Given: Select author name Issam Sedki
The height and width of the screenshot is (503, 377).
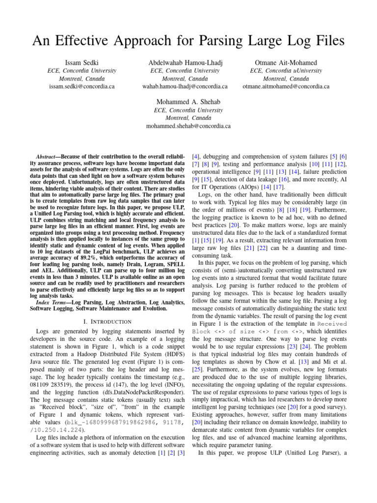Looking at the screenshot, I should click(x=81, y=63).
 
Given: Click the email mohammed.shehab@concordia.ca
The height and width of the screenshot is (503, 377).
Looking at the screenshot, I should click(x=188, y=126).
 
